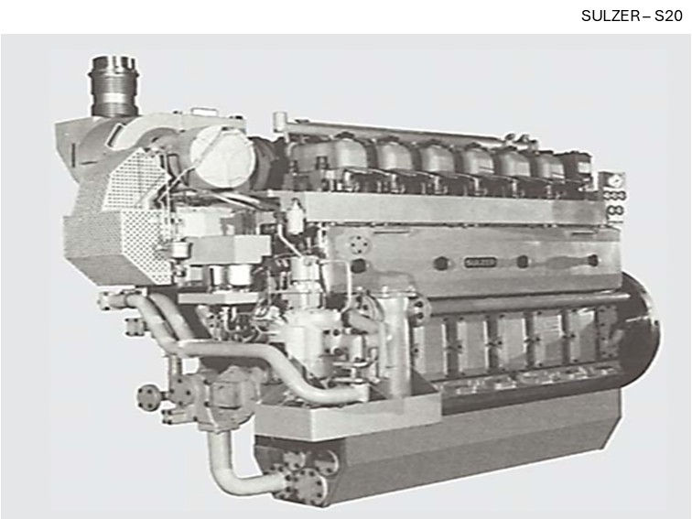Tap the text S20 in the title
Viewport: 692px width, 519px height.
coord(668,16)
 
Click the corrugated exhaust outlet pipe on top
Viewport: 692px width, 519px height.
coord(114,86)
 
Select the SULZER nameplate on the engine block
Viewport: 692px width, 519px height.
coord(481,262)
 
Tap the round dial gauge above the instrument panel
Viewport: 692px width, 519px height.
coord(613,181)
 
